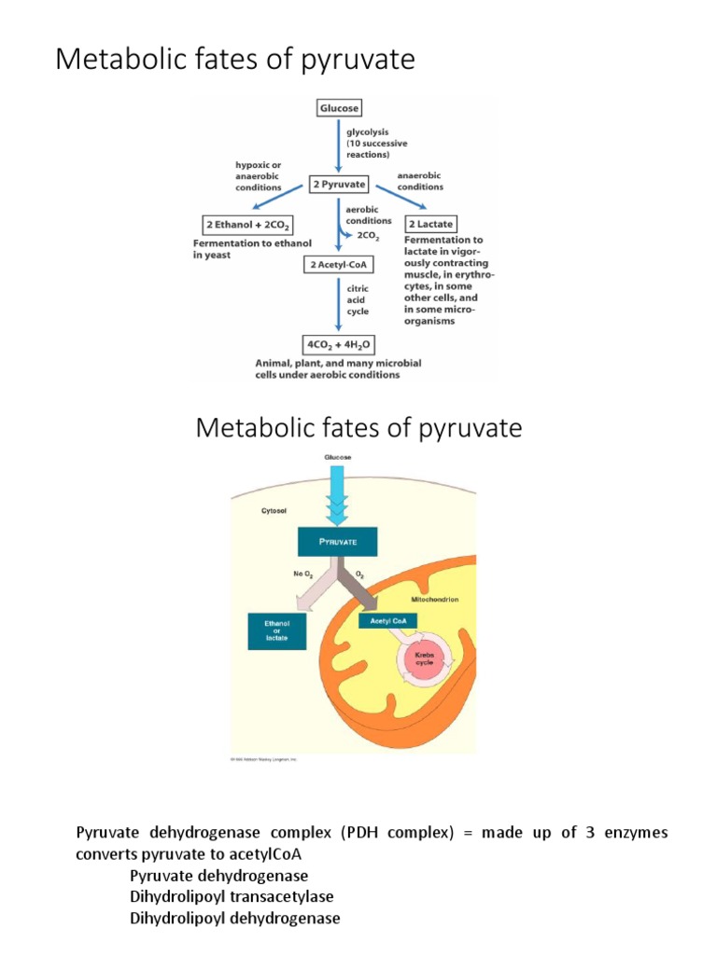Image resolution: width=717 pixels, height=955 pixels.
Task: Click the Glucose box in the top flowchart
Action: [x=339, y=108]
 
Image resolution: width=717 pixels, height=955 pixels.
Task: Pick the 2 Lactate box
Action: [x=429, y=225]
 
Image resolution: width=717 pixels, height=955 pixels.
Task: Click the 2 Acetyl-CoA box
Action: [x=339, y=266]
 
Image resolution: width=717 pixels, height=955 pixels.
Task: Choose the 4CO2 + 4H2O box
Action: [x=339, y=341]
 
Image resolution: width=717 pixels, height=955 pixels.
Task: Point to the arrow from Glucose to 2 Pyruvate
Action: [x=338, y=145]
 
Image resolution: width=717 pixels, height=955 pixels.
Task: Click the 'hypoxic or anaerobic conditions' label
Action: [x=258, y=175]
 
